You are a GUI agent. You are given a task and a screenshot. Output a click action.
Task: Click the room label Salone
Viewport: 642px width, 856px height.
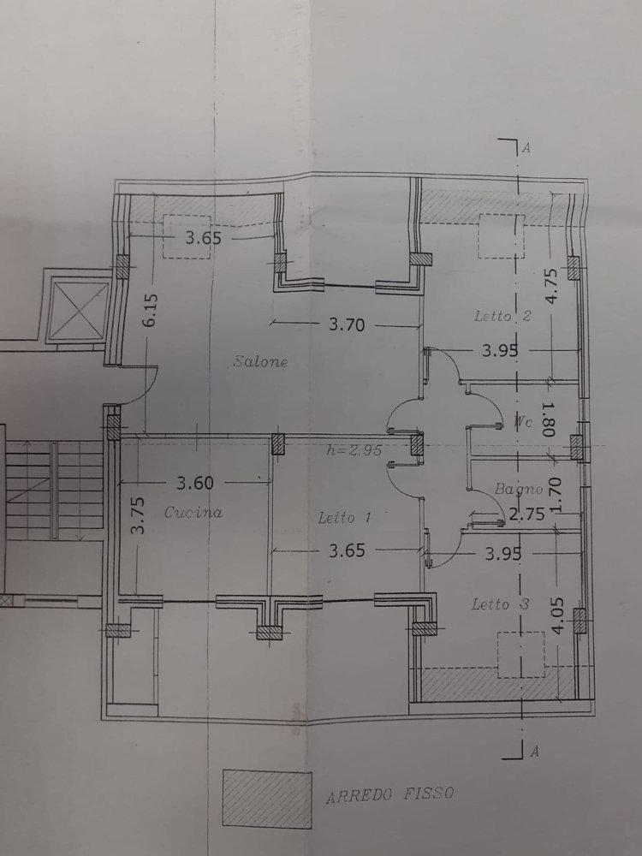(x=260, y=362)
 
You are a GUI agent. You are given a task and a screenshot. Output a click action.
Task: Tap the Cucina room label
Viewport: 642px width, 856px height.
(x=193, y=513)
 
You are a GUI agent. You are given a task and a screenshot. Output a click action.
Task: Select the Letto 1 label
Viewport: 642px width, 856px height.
(x=344, y=518)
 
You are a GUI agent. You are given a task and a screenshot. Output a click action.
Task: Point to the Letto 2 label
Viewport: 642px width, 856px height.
(x=503, y=317)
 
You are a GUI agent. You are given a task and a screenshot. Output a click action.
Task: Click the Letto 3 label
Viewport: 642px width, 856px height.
(x=501, y=604)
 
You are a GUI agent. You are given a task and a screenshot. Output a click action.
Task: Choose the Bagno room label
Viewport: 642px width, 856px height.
(x=519, y=490)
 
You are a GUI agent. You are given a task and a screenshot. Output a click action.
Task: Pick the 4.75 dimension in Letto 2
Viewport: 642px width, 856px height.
(x=551, y=288)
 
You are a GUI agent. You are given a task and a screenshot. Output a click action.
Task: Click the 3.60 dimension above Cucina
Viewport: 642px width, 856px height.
(x=195, y=483)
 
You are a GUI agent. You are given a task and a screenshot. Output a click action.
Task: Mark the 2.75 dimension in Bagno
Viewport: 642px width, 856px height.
(x=526, y=514)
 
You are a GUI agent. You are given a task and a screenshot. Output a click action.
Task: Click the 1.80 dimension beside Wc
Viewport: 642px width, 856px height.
(x=548, y=420)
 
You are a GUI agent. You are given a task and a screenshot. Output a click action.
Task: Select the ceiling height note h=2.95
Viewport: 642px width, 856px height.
(x=353, y=449)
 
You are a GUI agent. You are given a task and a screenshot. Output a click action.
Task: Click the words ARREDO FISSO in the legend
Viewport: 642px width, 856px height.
(x=389, y=795)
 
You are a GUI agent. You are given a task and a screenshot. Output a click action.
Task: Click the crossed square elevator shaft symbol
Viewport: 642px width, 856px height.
(x=76, y=309)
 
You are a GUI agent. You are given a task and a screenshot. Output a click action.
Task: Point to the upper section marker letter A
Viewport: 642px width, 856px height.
(x=526, y=148)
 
